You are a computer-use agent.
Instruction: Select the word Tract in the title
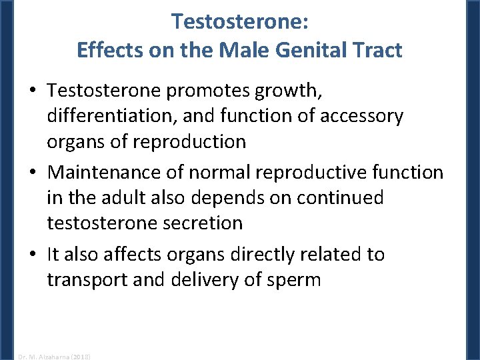pyautogui.click(x=378, y=49)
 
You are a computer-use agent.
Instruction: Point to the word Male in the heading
pyautogui.click(x=243, y=49)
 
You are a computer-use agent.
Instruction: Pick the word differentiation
pyautogui.click(x=117, y=115)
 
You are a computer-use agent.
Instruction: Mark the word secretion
pyautogui.click(x=203, y=223)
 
